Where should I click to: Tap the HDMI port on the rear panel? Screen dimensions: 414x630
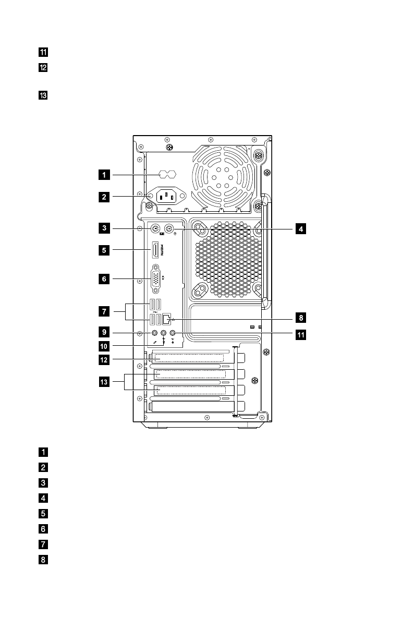[x=155, y=250]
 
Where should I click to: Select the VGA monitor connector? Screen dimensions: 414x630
[x=155, y=278]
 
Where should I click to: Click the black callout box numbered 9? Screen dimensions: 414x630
[x=104, y=331]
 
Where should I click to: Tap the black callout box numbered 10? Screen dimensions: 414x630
[x=104, y=345]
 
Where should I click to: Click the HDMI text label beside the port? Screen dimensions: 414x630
[x=162, y=251]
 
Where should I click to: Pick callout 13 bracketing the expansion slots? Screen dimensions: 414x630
[x=104, y=382]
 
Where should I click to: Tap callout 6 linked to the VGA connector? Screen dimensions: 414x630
[x=104, y=279]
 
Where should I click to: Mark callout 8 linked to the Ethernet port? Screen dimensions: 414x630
[x=300, y=317]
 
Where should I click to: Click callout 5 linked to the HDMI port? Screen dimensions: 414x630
[x=104, y=250]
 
